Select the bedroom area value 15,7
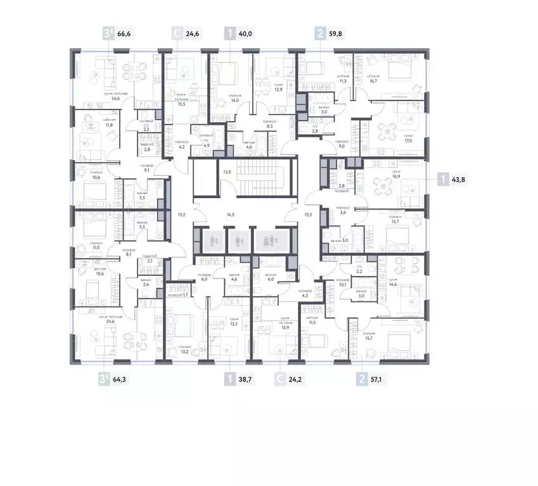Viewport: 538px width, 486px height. point(368,338)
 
